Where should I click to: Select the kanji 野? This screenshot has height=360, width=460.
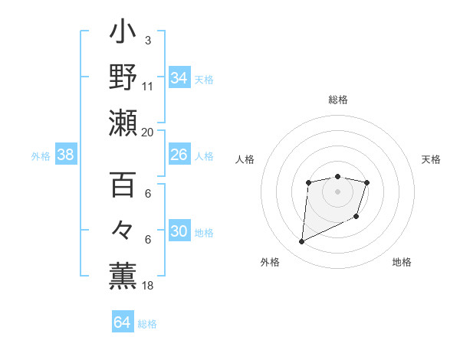[x=123, y=78]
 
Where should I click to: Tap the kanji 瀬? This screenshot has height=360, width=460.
[x=123, y=123]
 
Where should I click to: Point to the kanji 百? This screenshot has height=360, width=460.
[x=123, y=187]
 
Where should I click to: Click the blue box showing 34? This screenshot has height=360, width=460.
[x=179, y=78]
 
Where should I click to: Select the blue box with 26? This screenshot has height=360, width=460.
[x=179, y=155]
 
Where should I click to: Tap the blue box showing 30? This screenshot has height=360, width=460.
[x=179, y=232]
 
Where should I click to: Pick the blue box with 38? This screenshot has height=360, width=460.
[x=66, y=155]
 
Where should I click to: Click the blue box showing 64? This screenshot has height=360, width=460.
[x=122, y=322]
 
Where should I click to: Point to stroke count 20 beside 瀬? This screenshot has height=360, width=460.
[x=148, y=132]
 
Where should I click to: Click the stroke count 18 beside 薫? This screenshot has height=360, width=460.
[x=148, y=286]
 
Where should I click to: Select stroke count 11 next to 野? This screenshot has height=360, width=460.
[x=148, y=86]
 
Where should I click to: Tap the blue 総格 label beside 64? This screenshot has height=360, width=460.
[x=147, y=323]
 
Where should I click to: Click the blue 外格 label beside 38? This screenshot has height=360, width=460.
[x=41, y=155]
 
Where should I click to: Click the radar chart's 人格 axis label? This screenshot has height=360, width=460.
[x=245, y=159]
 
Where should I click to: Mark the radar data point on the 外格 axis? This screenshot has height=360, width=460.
[x=301, y=242]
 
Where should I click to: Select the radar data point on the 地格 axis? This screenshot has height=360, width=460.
[x=356, y=218]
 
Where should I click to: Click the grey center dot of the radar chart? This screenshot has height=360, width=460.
[x=337, y=191]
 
